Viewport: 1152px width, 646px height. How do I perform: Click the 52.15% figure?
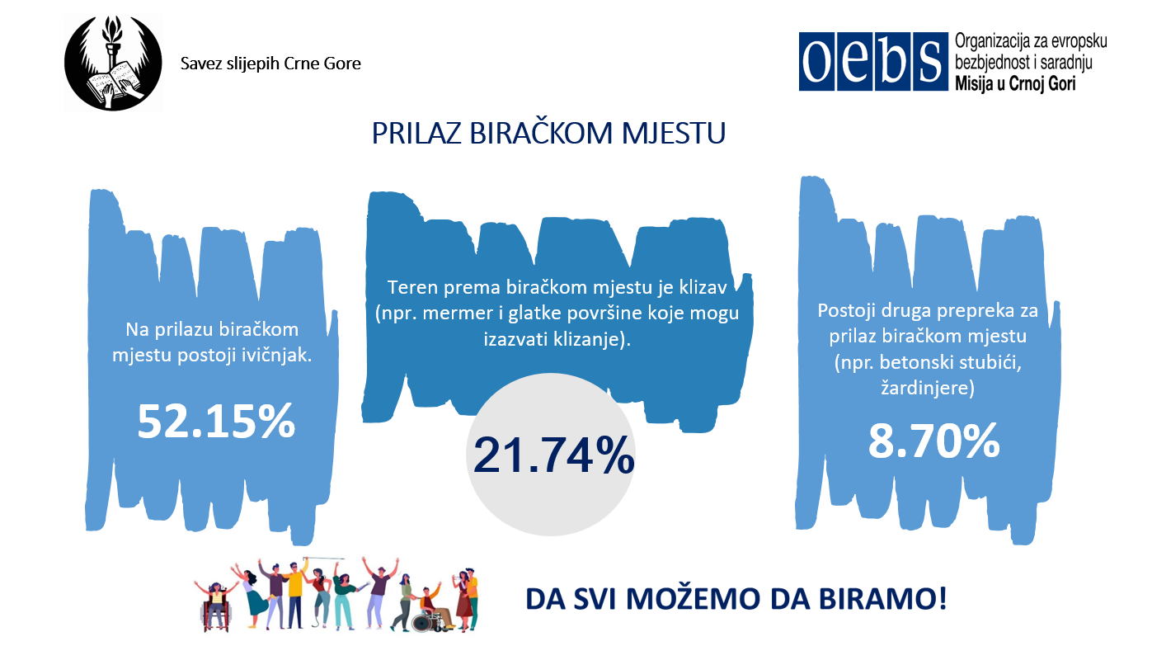point(216,422)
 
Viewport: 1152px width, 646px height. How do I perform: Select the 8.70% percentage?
point(933,441)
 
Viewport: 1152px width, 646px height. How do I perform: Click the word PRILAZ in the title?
point(416,134)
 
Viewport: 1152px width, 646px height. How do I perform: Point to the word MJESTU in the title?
point(674,134)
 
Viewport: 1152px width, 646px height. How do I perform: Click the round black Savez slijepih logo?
point(113,63)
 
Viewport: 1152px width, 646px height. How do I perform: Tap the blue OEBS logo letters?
point(873,62)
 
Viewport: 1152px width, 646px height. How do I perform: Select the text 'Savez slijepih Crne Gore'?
point(270,64)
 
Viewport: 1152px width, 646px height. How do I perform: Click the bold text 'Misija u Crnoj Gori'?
point(1015,83)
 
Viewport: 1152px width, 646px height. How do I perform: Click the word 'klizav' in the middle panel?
point(703,287)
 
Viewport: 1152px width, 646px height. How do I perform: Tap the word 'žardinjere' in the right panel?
point(927,388)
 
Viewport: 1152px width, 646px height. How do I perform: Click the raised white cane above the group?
point(324,558)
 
